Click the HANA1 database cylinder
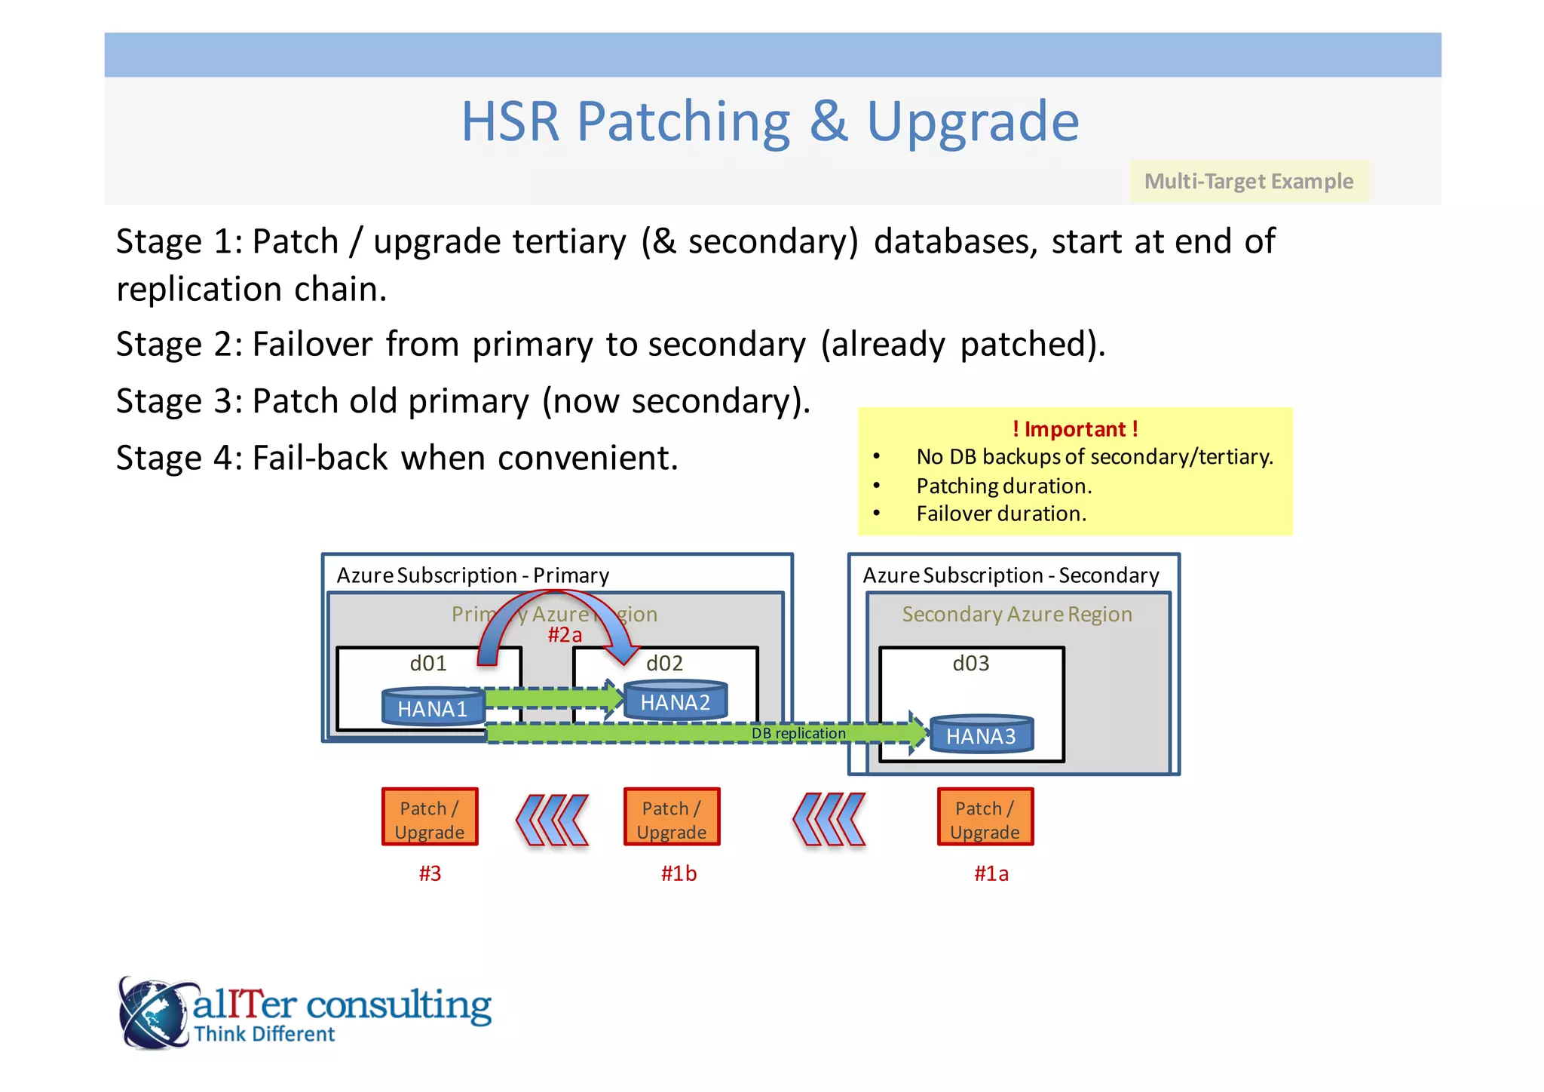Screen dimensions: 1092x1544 pos(432,707)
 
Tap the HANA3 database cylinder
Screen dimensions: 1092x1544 pos(981,735)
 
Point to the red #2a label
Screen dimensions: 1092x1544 pos(565,635)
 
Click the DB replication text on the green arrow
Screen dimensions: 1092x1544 pos(798,733)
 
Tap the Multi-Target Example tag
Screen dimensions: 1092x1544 pos(1248,182)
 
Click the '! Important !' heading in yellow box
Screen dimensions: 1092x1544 pos(1074,429)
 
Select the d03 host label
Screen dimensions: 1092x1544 pos(970,664)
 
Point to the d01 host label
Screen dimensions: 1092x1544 pos(428,664)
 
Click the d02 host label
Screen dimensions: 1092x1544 pos(664,664)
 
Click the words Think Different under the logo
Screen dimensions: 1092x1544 pos(264,1034)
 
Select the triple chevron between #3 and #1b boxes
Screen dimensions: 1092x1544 pos(552,820)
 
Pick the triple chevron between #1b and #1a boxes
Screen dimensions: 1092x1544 pos(829,820)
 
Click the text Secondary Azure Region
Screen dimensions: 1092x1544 pos(1017,615)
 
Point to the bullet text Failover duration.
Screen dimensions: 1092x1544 pos(1001,514)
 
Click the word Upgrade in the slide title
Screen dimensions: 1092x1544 pos(973,121)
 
